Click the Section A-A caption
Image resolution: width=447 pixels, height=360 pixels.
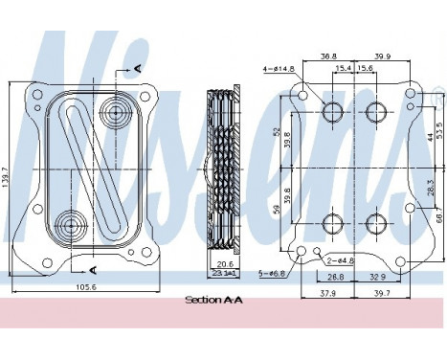213,300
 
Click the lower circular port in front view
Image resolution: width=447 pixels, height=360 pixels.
69,227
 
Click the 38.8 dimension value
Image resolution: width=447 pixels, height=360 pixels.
328,56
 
